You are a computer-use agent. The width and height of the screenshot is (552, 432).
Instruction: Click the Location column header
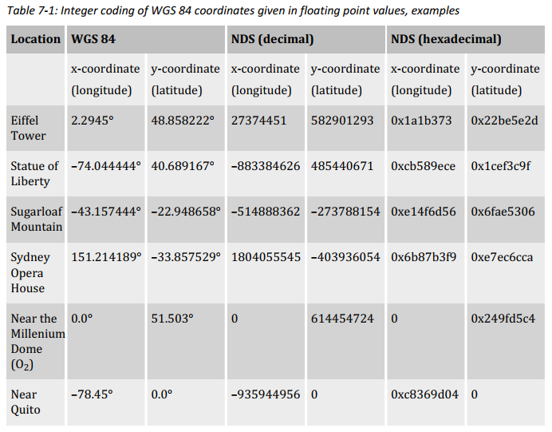coord(36,39)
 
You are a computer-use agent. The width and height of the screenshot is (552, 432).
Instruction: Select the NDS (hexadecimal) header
coord(445,39)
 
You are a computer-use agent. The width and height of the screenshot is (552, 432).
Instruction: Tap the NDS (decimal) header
coord(272,39)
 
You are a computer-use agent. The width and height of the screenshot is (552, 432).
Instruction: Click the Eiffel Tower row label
coord(29,128)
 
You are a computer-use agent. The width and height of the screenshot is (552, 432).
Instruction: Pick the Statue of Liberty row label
coord(35,173)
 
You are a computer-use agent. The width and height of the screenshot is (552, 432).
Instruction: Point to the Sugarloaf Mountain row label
coord(37,219)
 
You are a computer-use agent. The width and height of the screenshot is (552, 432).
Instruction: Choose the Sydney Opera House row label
coord(30,272)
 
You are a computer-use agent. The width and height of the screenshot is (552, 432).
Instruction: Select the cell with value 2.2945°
coord(93,121)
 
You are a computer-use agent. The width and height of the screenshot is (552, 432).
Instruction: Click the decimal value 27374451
coord(258,121)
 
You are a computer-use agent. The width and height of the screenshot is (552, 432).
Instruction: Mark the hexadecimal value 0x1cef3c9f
coord(501,166)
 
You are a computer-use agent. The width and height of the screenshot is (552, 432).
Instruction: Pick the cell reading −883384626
coord(266,166)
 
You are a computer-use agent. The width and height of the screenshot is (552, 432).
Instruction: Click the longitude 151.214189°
coord(106,257)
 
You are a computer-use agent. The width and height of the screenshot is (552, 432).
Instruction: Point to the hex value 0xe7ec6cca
coord(503,257)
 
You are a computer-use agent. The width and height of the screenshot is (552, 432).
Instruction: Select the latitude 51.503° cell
coord(172,319)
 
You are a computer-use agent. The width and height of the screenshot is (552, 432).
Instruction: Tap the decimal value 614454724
coord(342,319)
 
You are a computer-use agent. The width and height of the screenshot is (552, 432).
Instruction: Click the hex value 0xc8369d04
coord(424,394)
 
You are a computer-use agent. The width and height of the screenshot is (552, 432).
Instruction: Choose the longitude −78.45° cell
coord(92,394)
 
